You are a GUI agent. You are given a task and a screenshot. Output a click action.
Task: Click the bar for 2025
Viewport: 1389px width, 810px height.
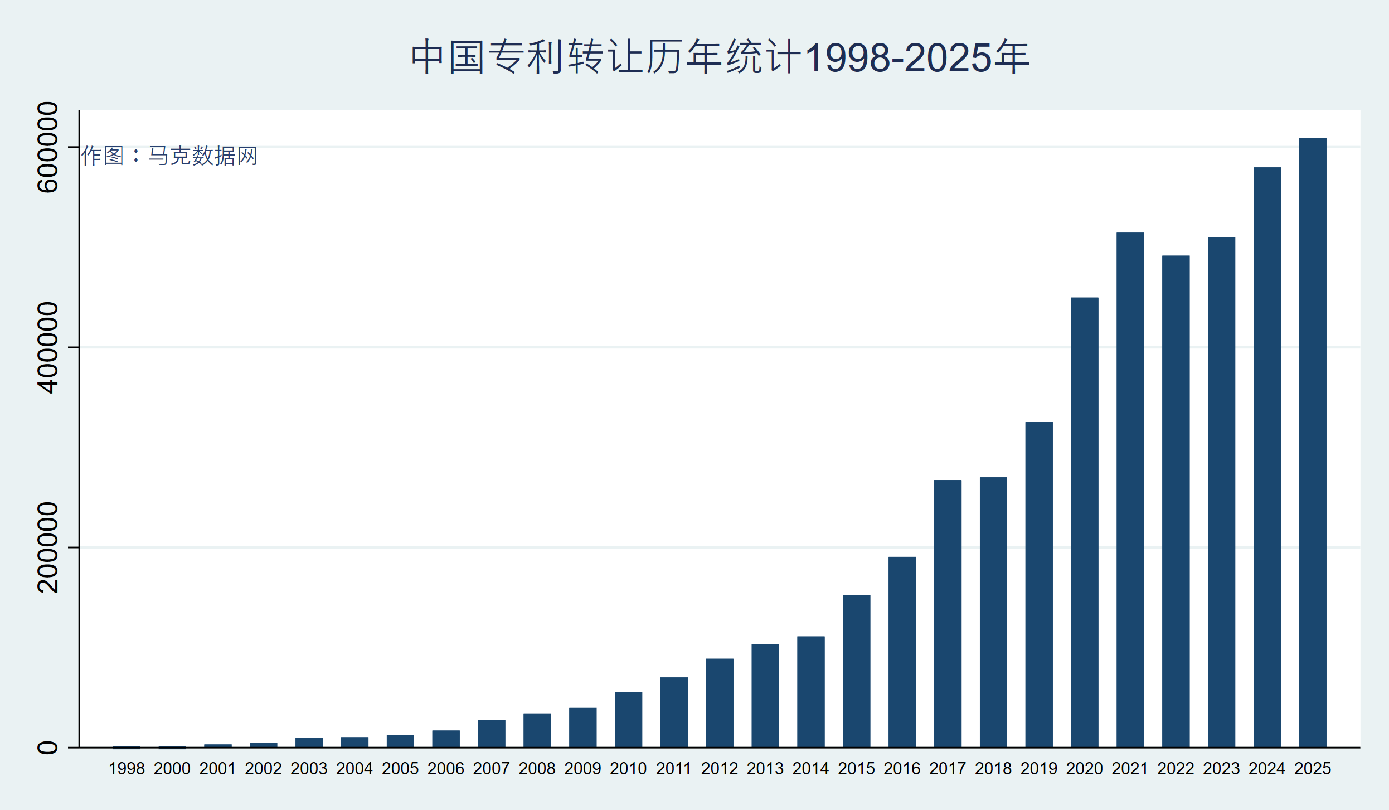click(1313, 443)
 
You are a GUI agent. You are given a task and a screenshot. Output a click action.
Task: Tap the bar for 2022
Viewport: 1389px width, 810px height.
click(1176, 501)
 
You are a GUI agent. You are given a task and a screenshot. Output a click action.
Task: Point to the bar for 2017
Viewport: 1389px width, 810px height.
click(948, 613)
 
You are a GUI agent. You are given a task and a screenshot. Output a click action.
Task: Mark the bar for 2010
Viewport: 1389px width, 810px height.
click(628, 719)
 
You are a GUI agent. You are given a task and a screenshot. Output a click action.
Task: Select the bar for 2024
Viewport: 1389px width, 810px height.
click(1267, 457)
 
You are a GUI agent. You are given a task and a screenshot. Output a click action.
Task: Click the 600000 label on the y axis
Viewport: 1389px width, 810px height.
click(48, 147)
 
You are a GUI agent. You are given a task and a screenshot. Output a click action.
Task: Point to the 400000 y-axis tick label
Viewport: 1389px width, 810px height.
click(48, 347)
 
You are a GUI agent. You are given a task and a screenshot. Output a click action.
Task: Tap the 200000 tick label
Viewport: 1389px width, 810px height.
click(48, 547)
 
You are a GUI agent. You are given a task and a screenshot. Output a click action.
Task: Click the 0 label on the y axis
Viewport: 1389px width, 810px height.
click(48, 748)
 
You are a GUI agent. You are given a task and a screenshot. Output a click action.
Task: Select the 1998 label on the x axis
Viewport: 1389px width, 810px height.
click(127, 769)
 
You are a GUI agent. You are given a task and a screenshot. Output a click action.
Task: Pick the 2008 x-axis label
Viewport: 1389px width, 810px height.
click(537, 769)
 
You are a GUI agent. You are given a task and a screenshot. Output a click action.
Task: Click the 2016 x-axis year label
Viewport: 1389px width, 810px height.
click(902, 769)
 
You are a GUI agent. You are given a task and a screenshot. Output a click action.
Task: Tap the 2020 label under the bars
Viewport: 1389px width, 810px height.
click(1084, 769)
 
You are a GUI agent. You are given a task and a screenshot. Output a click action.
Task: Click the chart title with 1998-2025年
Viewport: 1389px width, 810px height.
click(720, 57)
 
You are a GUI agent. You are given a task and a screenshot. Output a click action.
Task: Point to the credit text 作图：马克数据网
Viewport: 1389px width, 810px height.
click(169, 156)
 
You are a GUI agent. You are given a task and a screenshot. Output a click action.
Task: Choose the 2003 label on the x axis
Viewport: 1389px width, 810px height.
click(309, 769)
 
